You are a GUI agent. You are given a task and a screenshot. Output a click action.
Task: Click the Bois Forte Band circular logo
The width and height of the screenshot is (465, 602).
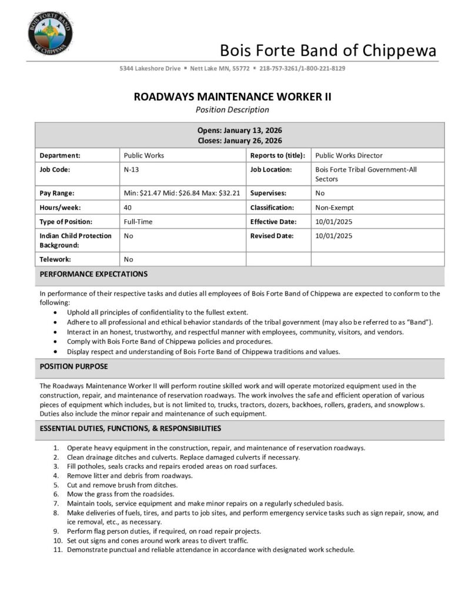tap(50, 32)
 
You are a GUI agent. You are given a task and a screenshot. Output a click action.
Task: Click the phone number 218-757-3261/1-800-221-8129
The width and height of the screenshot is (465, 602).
tap(302, 68)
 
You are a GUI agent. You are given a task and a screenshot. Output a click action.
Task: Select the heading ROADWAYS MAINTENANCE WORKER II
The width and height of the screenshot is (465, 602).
tap(232, 96)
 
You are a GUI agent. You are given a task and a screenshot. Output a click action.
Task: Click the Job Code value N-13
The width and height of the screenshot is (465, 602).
tap(131, 169)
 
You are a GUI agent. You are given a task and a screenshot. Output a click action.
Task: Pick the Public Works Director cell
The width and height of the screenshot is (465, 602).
tap(349, 155)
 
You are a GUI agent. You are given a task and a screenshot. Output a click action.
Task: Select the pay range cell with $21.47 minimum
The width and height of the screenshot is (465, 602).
tap(182, 193)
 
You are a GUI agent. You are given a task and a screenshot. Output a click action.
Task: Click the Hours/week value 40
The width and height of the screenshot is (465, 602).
tap(128, 208)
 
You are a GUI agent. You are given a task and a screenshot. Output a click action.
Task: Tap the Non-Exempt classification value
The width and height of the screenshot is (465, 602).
tap(334, 208)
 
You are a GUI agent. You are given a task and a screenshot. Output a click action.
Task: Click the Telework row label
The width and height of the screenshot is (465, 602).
tap(55, 259)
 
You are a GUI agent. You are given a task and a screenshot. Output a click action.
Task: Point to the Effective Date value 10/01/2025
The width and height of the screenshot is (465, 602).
tap(334, 222)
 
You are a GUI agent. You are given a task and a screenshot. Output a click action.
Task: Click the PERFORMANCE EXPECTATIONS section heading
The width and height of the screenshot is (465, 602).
tap(93, 274)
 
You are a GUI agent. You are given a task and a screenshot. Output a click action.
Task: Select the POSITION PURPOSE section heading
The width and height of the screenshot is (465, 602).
tap(73, 366)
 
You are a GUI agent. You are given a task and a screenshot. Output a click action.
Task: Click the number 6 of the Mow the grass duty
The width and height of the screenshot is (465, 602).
tap(55, 494)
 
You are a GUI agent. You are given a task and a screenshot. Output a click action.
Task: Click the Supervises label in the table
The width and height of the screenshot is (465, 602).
tap(268, 193)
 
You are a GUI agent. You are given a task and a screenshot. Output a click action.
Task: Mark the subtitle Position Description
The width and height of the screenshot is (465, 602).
tap(232, 109)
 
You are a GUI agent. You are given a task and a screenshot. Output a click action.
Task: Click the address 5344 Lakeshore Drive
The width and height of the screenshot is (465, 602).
tap(149, 68)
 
